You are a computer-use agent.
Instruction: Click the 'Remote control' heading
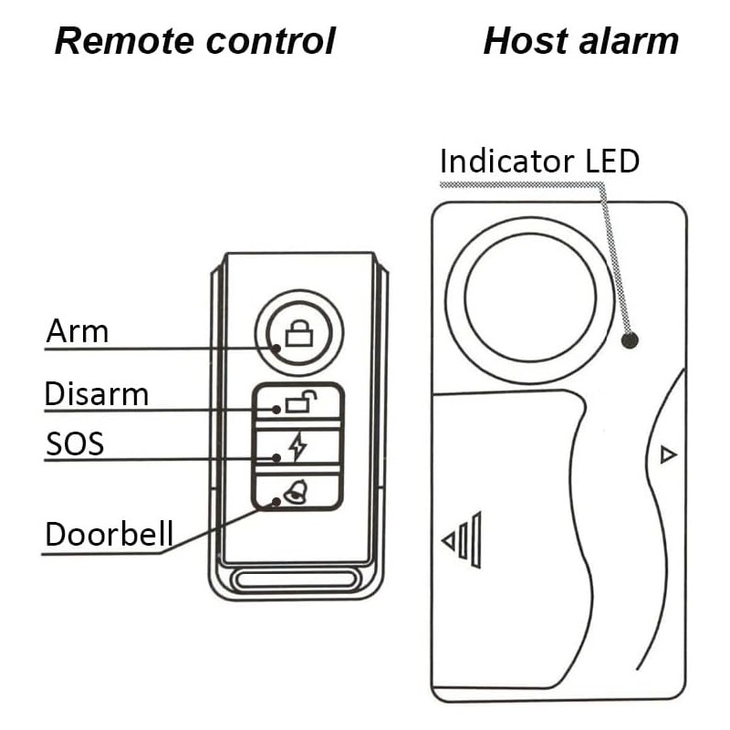pos(194,42)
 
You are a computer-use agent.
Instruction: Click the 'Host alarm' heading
pos(580,42)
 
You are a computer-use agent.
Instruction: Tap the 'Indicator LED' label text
pos(539,162)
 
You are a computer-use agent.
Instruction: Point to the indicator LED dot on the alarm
pos(629,341)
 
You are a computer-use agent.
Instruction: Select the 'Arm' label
pos(78,331)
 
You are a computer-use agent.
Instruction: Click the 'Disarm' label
pos(97,395)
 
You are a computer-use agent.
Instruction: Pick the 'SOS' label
pos(75,444)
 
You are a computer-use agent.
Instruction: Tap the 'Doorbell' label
pos(109,535)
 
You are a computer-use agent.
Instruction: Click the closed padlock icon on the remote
pos(298,335)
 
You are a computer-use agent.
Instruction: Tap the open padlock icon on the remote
pos(300,401)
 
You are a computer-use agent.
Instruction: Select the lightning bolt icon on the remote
pos(297,447)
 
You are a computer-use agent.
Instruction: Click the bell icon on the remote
pos(295,495)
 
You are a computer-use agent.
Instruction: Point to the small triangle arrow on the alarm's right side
pos(668,454)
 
